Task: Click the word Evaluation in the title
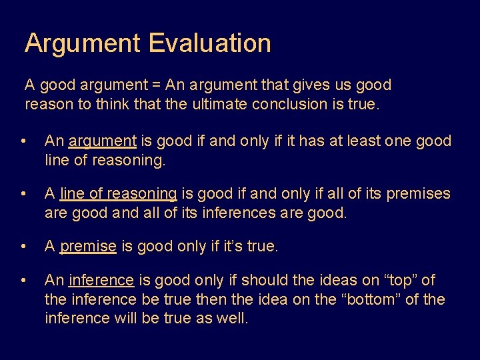(209, 43)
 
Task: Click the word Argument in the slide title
(83, 43)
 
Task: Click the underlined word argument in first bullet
(103, 141)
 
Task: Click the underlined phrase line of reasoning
(118, 194)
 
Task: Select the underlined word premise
(88, 247)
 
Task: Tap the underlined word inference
(101, 281)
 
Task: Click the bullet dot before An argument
(24, 142)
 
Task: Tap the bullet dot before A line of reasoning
(24, 195)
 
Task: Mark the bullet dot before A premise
(24, 247)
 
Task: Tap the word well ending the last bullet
(233, 319)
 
